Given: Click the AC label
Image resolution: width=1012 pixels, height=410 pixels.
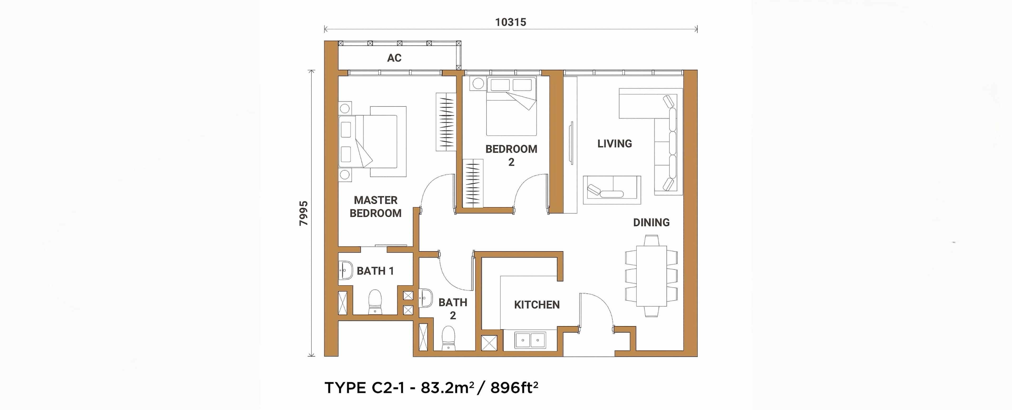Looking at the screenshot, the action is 394,58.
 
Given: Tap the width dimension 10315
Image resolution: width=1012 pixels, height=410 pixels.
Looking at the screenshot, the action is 510,22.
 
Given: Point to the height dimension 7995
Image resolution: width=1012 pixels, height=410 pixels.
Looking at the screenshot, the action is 304,213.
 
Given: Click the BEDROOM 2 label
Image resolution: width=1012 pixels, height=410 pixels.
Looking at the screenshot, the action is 511,155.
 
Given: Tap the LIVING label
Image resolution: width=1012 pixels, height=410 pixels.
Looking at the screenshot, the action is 614,144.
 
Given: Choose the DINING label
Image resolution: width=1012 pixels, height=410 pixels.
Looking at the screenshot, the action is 651,223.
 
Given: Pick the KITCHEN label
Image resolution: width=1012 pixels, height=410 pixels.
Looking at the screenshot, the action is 537,305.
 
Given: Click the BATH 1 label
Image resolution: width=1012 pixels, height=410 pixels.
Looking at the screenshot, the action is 375,271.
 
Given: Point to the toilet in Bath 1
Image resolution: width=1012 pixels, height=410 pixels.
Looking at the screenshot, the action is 100,302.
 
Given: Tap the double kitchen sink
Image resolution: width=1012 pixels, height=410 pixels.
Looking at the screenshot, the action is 530,340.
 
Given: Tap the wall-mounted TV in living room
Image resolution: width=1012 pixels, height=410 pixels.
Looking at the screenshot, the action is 571,143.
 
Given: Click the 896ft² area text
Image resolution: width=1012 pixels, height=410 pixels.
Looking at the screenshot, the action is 514,388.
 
